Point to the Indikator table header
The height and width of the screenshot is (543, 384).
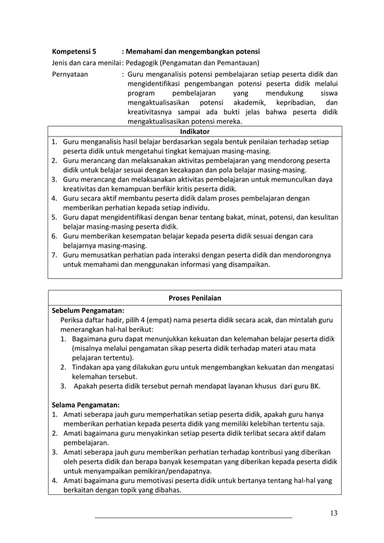pos(194,131)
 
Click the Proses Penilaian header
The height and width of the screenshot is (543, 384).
pos(194,298)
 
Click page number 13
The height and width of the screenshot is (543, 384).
pos(333,512)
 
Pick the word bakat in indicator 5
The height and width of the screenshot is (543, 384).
pos(243,217)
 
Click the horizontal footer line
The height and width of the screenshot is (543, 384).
pos(194,517)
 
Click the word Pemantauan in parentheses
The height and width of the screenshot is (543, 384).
pos(234,63)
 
